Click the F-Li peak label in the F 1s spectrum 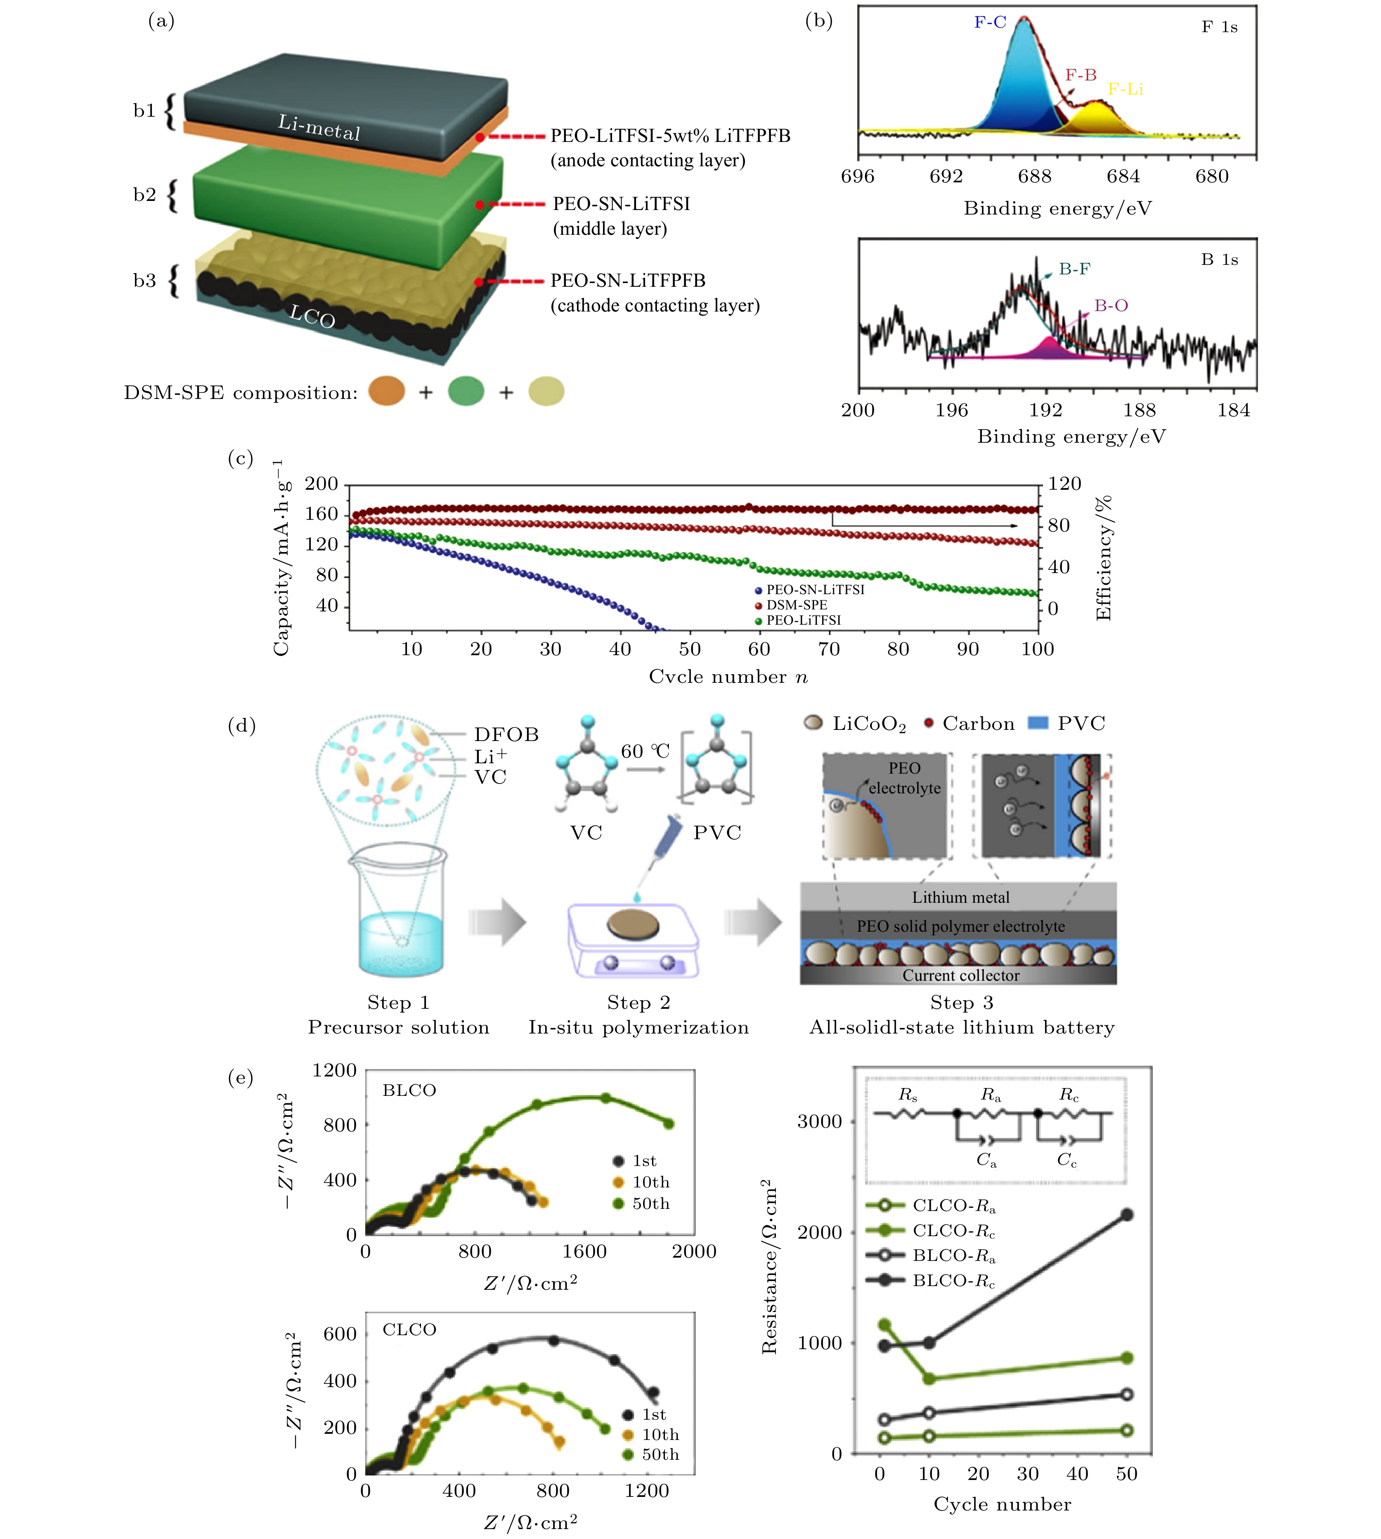click(1125, 90)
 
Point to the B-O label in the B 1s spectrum click(1111, 306)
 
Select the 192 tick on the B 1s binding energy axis click(1045, 411)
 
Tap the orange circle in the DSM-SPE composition click(386, 392)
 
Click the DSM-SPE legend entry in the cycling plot click(796, 604)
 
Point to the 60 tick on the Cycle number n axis click(759, 649)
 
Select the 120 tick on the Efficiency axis click(1064, 484)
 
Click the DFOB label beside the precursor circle click(506, 734)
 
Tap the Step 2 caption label click(638, 1003)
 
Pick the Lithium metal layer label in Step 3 click(960, 897)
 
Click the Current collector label click(960, 975)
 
